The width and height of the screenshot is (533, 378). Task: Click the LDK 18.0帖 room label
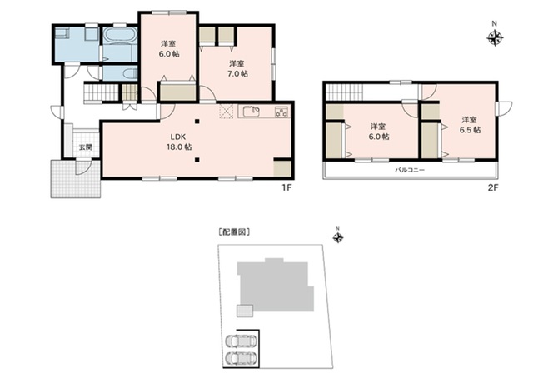[x=179, y=142]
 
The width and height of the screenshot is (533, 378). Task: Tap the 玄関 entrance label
[x=86, y=147]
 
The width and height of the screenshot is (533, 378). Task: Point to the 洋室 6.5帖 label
[x=470, y=125]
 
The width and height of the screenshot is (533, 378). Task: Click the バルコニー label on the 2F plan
[x=410, y=170]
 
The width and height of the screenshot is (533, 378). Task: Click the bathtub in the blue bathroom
[x=120, y=36]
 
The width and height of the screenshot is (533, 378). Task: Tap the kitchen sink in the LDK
[x=252, y=112]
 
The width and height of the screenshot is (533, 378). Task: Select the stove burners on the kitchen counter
[x=281, y=112]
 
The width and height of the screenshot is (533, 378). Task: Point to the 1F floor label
[x=286, y=187]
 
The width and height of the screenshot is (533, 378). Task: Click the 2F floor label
[x=493, y=187]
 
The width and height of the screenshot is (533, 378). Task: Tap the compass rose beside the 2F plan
[x=495, y=37]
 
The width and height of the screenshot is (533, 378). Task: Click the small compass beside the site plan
[x=338, y=237]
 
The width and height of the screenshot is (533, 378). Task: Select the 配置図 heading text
[x=234, y=232]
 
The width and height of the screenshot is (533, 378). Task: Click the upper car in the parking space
[x=241, y=341]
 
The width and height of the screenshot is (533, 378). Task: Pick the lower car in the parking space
[x=241, y=358]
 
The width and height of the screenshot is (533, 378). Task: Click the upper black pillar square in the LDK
[x=197, y=122]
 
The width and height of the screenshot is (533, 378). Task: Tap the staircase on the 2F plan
[x=344, y=92]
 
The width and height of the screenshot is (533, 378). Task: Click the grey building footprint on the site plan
[x=276, y=286]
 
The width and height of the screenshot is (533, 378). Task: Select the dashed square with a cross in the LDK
[x=227, y=112]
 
